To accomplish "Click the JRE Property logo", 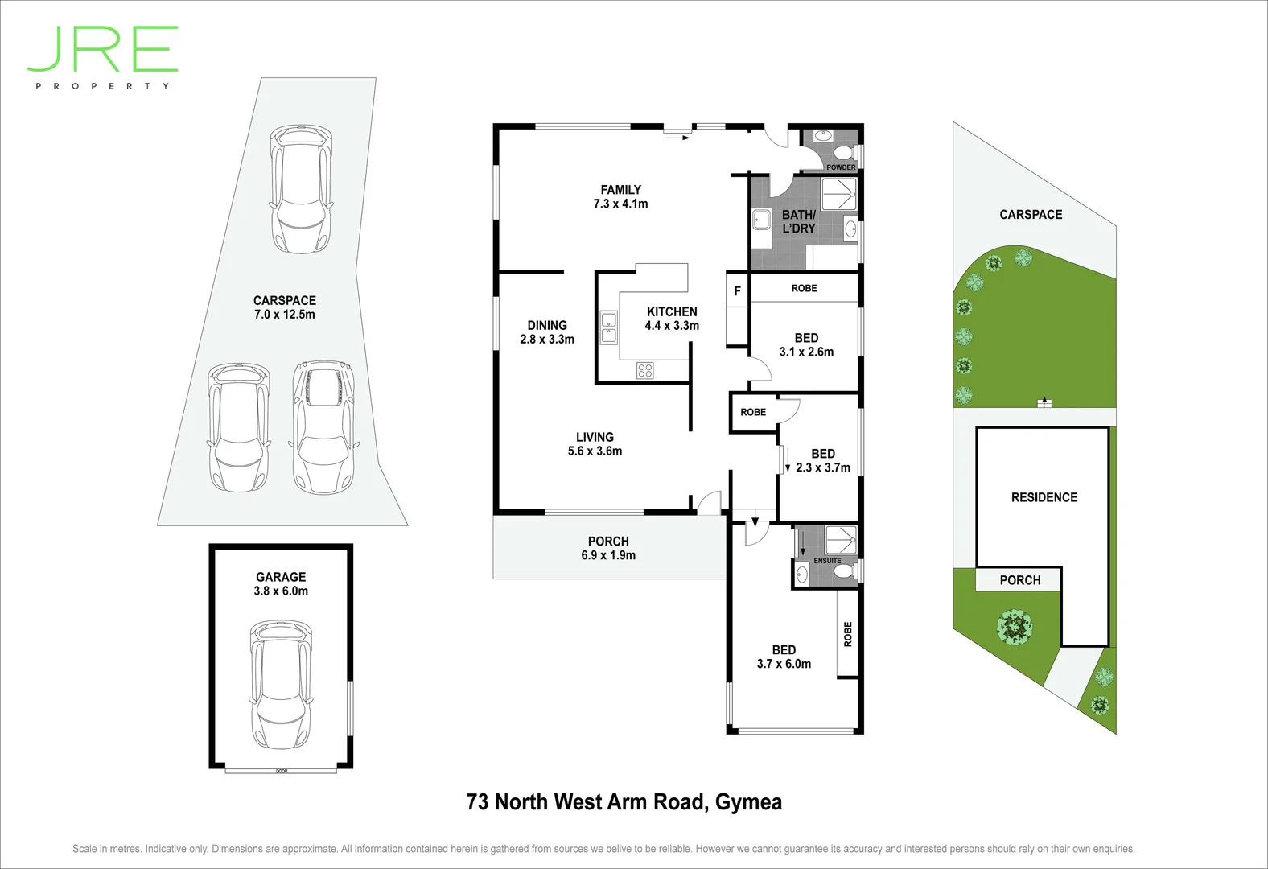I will pyautogui.click(x=102, y=56).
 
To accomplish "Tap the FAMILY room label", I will pyautogui.click(x=620, y=190).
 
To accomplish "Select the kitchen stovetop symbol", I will pyautogui.click(x=644, y=370).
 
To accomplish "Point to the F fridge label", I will pyautogui.click(x=737, y=291).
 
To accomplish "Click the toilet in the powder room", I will pyautogui.click(x=842, y=153).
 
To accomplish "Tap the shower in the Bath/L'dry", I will pyautogui.click(x=839, y=195).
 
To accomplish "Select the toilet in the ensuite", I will pyautogui.click(x=842, y=571).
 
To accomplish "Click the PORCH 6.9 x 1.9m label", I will pyautogui.click(x=608, y=548).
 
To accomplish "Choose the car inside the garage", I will pyautogui.click(x=280, y=684).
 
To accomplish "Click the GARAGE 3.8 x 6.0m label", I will pyautogui.click(x=281, y=583).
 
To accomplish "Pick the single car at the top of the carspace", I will pyautogui.click(x=301, y=188).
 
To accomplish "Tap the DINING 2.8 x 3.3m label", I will pyautogui.click(x=547, y=332).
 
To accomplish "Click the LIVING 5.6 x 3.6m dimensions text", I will pyautogui.click(x=595, y=451).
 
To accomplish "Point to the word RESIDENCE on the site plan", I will pyautogui.click(x=1044, y=497).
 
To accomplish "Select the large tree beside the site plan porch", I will pyautogui.click(x=1015, y=626).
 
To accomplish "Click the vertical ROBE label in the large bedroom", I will pyautogui.click(x=847, y=634).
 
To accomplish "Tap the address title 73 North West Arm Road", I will pyautogui.click(x=624, y=802).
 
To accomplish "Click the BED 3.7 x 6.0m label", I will pyautogui.click(x=784, y=657).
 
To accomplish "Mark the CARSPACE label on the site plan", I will pyautogui.click(x=1031, y=215).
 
